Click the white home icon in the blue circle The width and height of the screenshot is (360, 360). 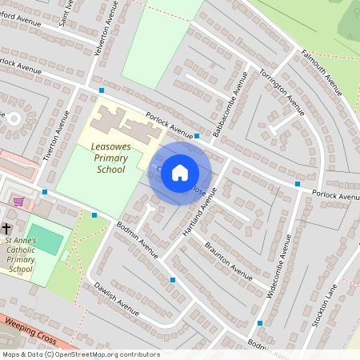(x=180, y=173)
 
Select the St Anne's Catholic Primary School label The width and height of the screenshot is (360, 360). (x=29, y=254)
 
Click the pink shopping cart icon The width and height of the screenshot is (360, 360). (x=18, y=202)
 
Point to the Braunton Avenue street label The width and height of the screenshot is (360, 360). (x=228, y=257)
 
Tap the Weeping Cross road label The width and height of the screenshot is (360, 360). (x=30, y=330)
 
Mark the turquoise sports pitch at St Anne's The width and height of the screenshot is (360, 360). (x=49, y=240)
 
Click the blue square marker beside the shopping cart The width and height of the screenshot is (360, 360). (x=45, y=192)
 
